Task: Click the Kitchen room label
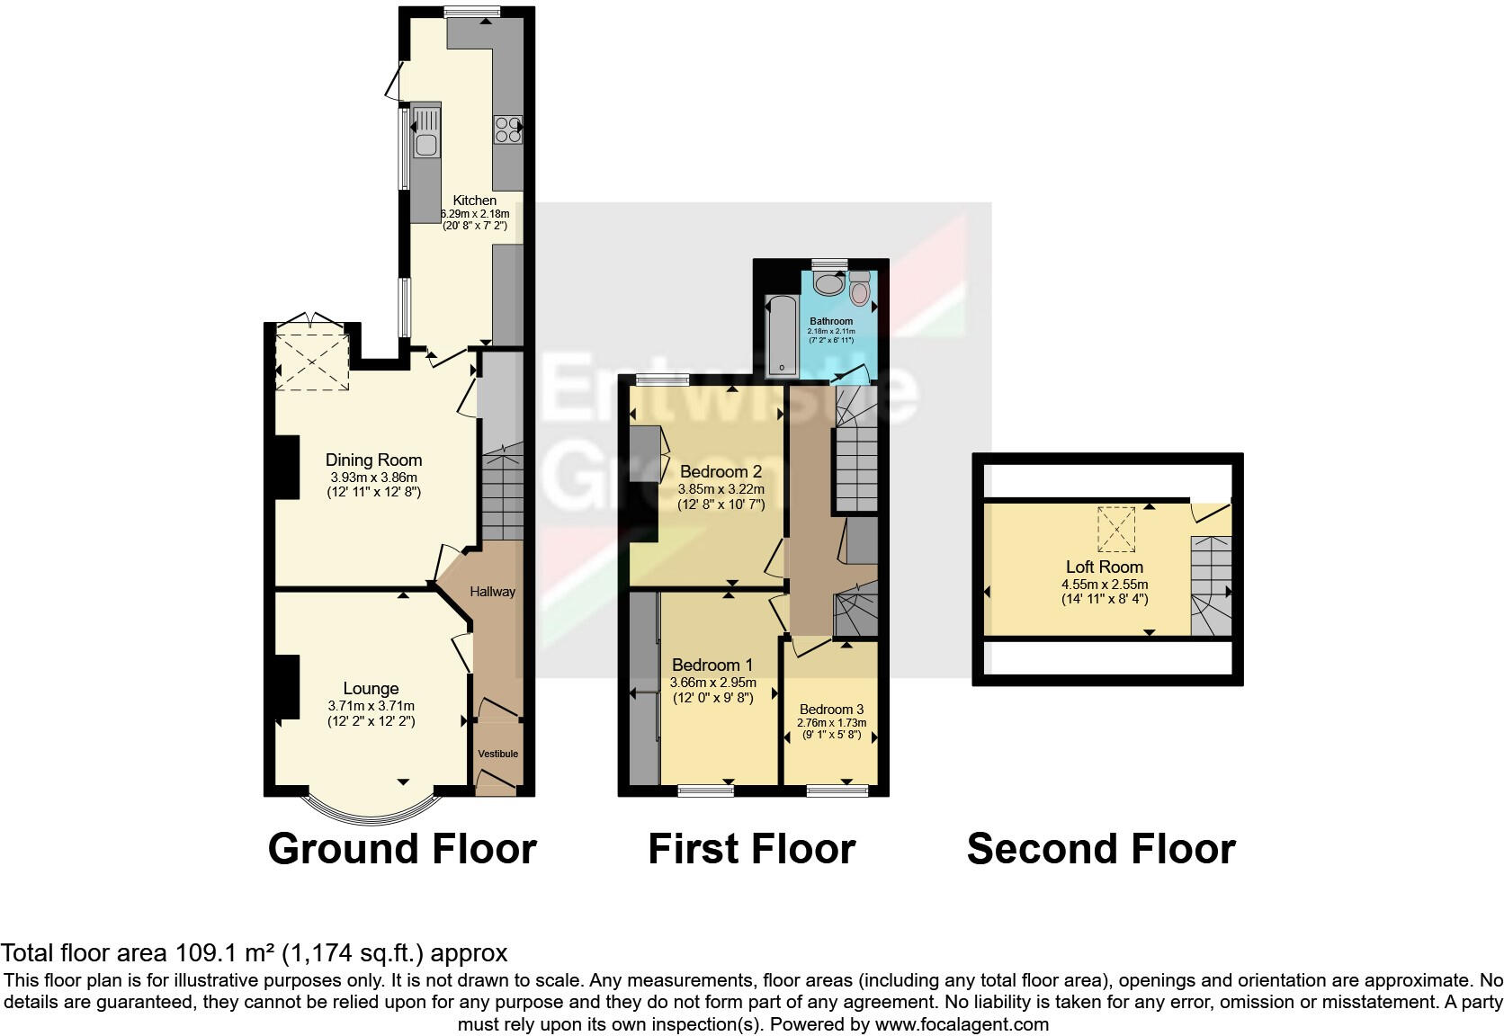[x=474, y=201]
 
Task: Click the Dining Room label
[x=373, y=460]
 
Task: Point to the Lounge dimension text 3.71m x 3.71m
[x=371, y=706]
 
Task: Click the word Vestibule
[x=497, y=754]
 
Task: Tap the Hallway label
[x=492, y=592]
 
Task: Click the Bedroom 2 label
[x=721, y=472]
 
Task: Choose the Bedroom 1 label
[x=712, y=665]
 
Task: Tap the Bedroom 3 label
[x=831, y=710]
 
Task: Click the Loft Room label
[x=1105, y=567]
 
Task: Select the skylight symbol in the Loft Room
[x=1115, y=529]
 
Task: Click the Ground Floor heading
[x=402, y=849]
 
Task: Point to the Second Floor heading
[x=1101, y=849]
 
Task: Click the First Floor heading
[x=751, y=849]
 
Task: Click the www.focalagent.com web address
[x=962, y=1023]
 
